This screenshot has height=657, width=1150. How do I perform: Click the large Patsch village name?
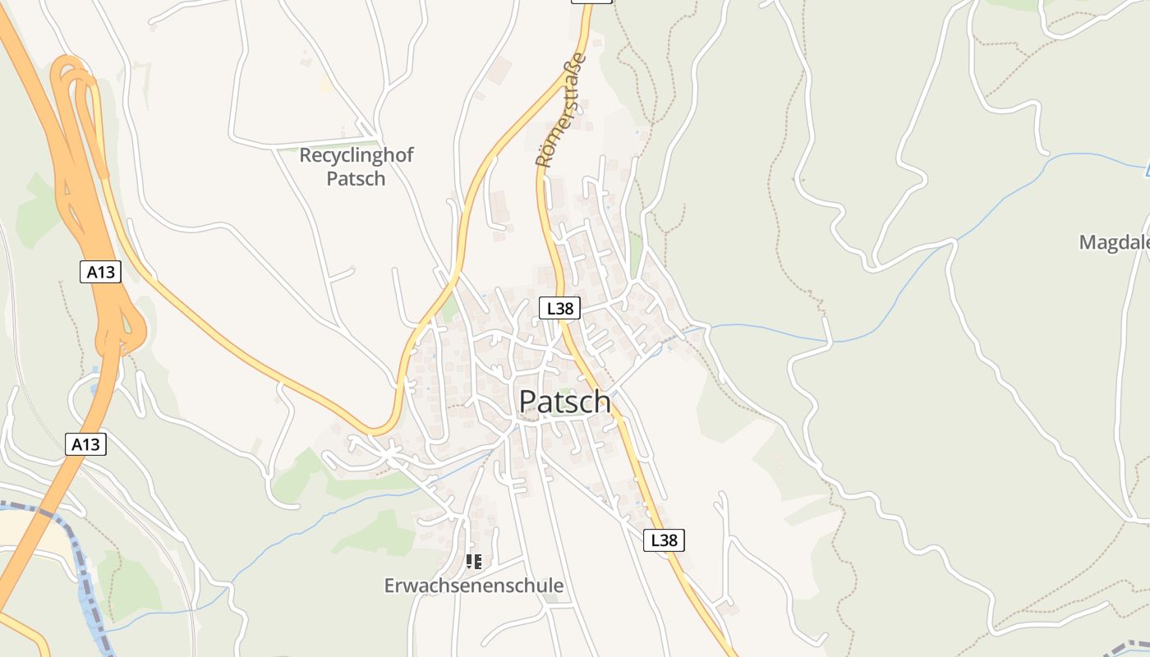point(564,402)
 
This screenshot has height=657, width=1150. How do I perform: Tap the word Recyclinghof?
point(356,155)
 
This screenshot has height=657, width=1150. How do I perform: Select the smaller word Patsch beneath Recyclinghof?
point(356,178)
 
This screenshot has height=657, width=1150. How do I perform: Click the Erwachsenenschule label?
point(474,586)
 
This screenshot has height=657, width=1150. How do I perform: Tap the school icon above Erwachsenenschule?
point(473,562)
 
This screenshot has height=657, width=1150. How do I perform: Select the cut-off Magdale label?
point(1114,242)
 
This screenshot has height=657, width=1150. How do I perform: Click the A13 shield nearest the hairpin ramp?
point(100,272)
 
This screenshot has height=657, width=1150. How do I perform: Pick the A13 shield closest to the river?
point(85,444)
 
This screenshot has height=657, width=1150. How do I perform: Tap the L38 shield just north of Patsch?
point(559,308)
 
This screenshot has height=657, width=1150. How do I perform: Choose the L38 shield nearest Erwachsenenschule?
point(663,540)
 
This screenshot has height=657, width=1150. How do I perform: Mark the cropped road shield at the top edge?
point(591,2)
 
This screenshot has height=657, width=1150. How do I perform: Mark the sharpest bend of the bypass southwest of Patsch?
point(379,430)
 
